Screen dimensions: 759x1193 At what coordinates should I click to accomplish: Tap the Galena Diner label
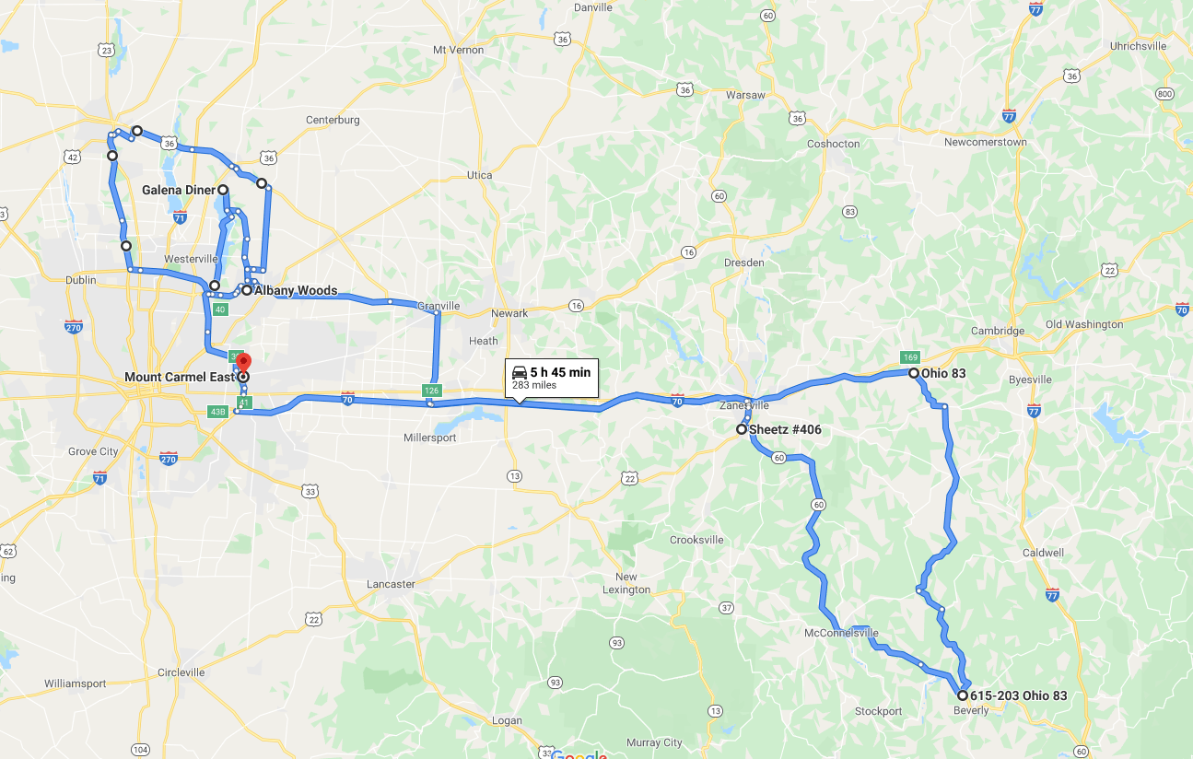(x=179, y=190)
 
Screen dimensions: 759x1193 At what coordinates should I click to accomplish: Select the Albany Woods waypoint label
(x=296, y=291)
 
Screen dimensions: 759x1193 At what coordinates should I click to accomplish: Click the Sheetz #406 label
(x=785, y=430)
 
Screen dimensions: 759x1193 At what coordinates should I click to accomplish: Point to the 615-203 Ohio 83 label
(x=1018, y=696)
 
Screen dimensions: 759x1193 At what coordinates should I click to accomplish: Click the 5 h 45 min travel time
(x=560, y=372)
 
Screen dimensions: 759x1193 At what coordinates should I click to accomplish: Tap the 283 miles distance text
(x=534, y=385)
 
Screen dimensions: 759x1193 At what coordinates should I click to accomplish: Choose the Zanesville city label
(x=744, y=405)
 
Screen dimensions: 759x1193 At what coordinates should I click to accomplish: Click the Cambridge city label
(x=998, y=332)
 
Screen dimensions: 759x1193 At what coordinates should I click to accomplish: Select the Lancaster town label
(x=391, y=584)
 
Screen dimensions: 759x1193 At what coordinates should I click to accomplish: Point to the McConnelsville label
(x=841, y=634)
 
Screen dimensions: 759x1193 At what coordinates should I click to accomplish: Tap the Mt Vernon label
(x=458, y=50)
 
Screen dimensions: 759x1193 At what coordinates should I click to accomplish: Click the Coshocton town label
(x=833, y=144)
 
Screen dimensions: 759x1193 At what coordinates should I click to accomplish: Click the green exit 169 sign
(x=910, y=357)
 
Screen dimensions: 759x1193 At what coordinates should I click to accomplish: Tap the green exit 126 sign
(x=431, y=391)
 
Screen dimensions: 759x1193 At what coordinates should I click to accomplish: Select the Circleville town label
(x=181, y=672)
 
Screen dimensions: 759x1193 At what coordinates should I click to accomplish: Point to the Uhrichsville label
(x=1138, y=46)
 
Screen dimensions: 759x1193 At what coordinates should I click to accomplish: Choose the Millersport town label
(x=429, y=438)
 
